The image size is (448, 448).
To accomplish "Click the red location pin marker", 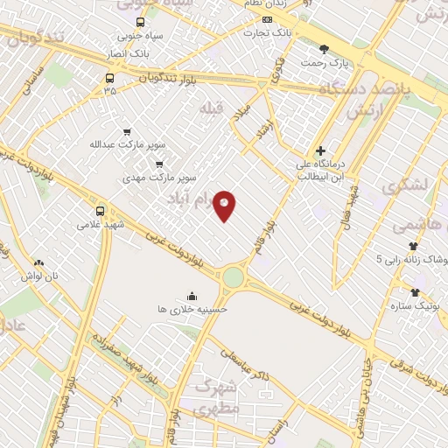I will [x=225, y=206].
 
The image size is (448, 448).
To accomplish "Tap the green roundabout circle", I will [x=233, y=277].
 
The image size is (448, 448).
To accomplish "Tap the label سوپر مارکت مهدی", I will [x=159, y=178].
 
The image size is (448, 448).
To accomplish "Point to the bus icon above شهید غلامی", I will [x=100, y=211].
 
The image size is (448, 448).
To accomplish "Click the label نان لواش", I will [x=40, y=276].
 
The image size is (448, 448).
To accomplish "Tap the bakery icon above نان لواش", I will [x=38, y=262].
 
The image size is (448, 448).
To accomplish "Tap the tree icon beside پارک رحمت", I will [x=324, y=50].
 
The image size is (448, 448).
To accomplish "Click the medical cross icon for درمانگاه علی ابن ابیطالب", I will [x=321, y=150].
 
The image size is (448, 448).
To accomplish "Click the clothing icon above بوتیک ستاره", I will [x=415, y=291].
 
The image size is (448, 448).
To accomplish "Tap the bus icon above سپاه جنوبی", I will [x=141, y=22].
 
